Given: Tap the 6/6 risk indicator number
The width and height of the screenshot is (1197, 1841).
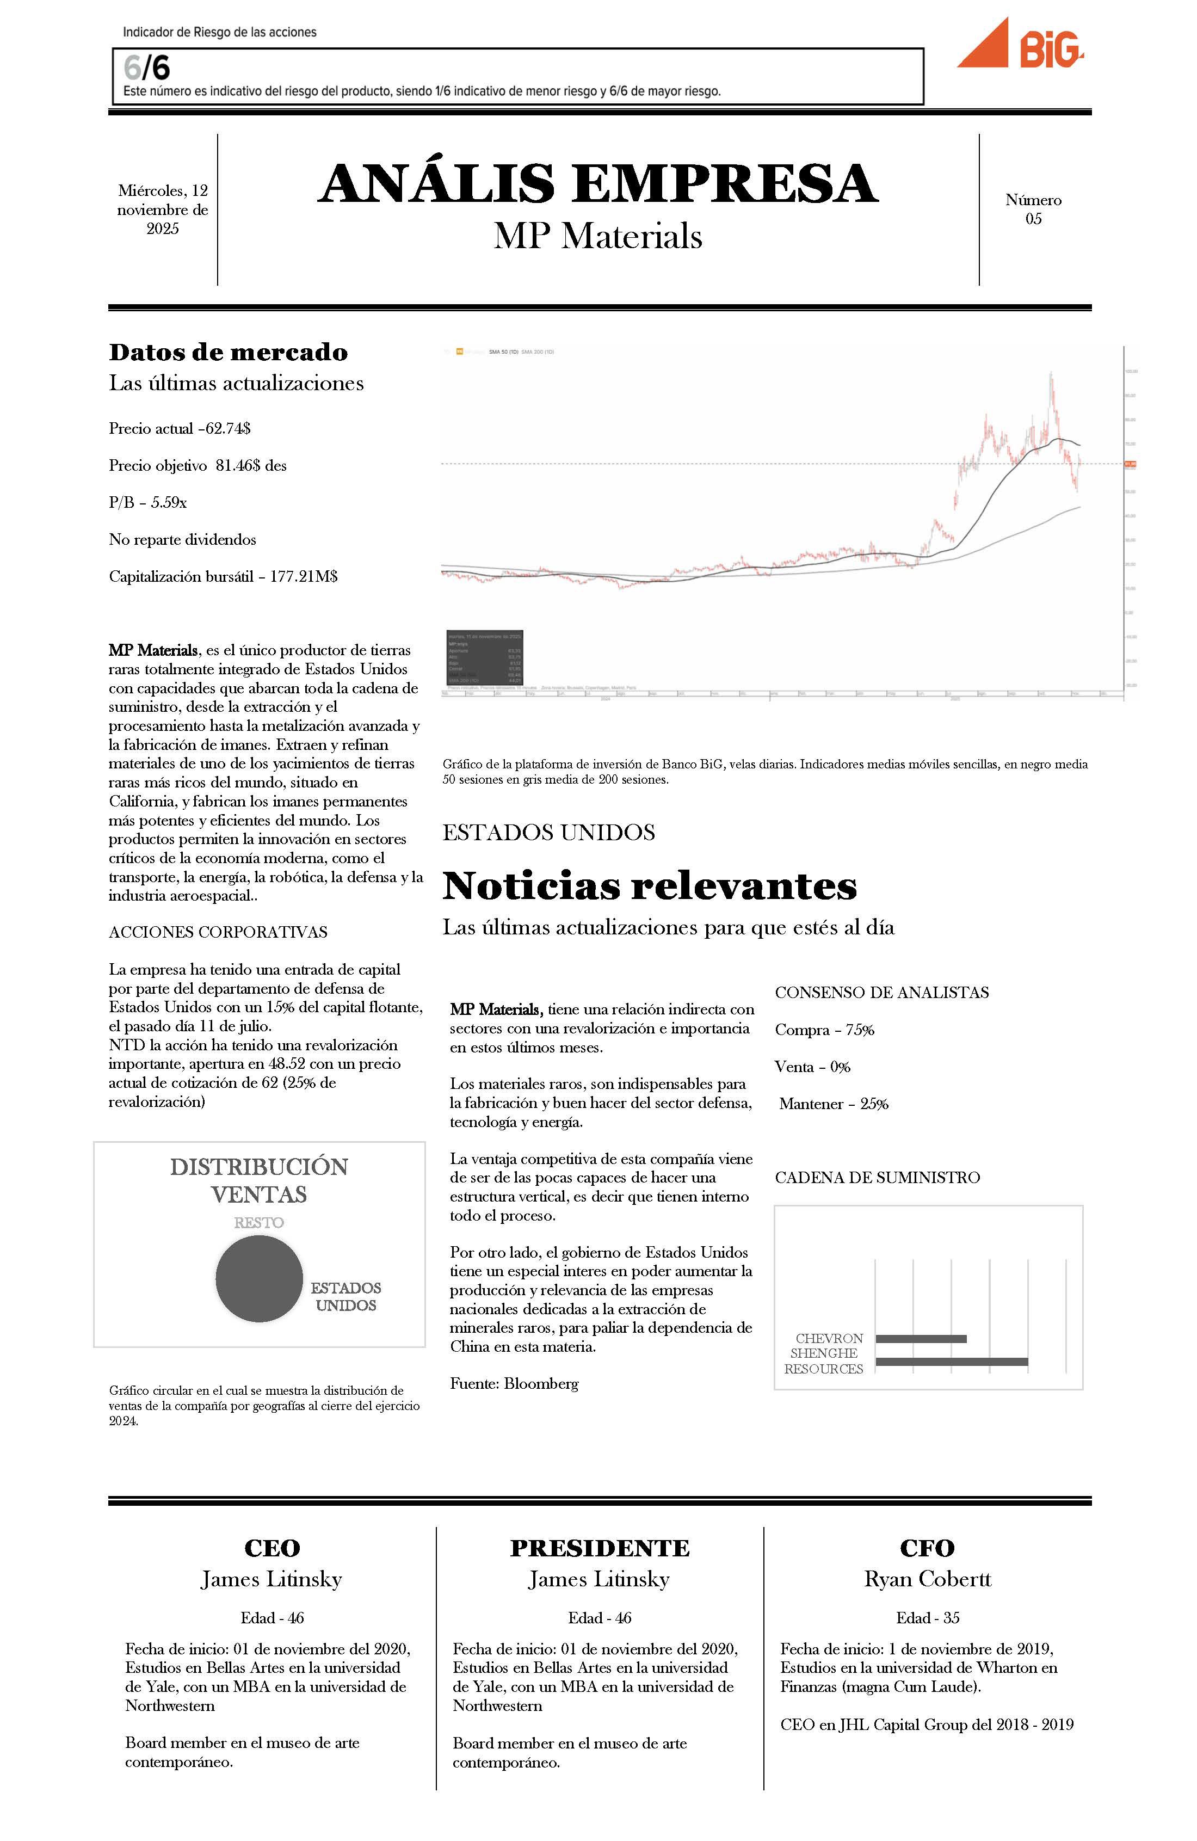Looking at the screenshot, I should click(x=146, y=68).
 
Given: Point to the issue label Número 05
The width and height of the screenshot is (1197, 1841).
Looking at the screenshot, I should click(x=1033, y=209).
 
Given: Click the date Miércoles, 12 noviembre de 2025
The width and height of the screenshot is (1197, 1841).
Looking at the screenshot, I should click(x=162, y=209).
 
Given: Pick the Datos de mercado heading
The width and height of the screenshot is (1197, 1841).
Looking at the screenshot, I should click(x=228, y=352).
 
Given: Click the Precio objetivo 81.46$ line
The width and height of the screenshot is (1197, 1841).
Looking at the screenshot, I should click(x=197, y=466).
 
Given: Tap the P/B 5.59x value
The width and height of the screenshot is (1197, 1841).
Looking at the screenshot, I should click(x=147, y=503).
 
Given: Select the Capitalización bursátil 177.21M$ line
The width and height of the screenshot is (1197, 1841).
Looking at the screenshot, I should click(x=223, y=576).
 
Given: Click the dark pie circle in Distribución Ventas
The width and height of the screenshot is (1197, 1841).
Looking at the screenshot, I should click(x=258, y=1278).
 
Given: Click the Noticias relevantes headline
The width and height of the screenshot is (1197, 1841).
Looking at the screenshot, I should click(x=650, y=886).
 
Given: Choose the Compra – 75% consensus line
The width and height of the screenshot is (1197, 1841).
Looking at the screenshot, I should click(x=824, y=1030).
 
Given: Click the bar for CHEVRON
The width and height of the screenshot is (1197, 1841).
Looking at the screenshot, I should click(x=920, y=1338).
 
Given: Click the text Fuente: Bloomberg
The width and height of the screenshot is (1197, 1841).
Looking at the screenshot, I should click(x=514, y=1383).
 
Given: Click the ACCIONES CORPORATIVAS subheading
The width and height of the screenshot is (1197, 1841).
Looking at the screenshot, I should click(x=218, y=932).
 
